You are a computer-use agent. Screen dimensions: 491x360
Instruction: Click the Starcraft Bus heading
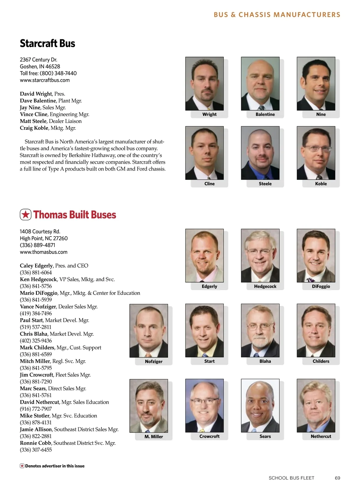pos(47,43)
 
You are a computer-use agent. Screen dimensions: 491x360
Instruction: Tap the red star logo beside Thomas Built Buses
pos(25,215)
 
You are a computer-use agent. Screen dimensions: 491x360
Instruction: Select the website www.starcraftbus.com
pos(45,80)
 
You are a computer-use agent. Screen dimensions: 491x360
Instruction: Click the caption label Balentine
pos(265,115)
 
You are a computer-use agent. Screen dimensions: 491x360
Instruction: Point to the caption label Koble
pos(321,184)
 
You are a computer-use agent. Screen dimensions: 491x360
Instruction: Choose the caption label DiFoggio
pos(321,287)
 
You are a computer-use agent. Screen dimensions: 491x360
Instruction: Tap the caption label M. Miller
pos(154,437)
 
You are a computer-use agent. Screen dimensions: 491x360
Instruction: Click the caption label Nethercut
pos(321,436)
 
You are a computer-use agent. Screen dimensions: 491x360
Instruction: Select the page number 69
pos(337,478)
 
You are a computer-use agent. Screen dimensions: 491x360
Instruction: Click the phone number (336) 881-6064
pos(36,272)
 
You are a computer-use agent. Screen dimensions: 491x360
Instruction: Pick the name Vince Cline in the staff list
pos(34,114)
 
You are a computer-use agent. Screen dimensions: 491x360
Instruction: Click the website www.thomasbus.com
pos(43,252)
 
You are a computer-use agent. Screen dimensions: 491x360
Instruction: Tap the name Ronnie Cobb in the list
pos(35,443)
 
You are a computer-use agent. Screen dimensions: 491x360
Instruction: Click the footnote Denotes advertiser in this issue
pos(55,466)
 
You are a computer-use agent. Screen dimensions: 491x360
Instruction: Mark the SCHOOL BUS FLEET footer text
pos(291,478)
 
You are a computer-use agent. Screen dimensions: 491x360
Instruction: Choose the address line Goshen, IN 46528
pos(40,67)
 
